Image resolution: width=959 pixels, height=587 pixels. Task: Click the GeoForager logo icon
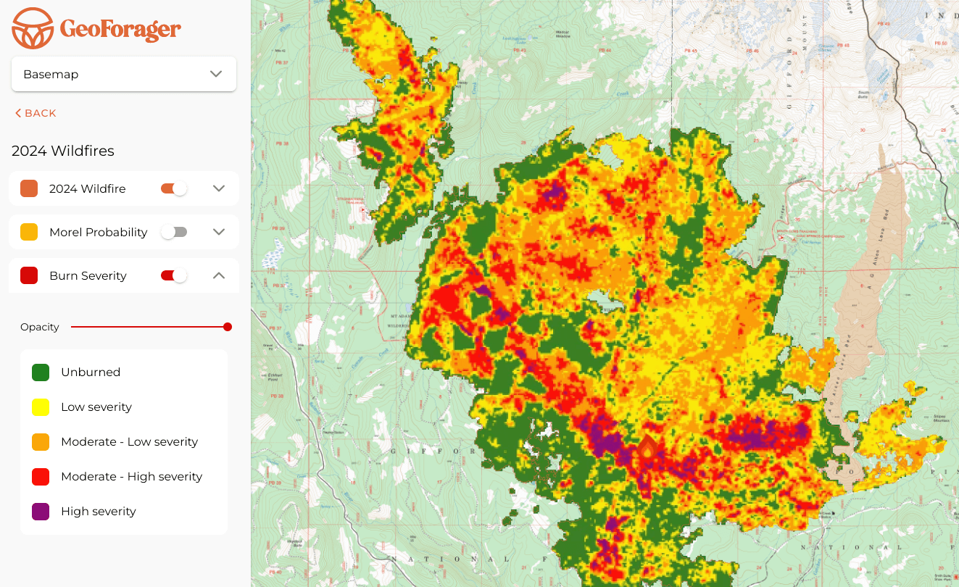(x=33, y=28)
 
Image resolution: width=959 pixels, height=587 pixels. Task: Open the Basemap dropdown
(x=124, y=74)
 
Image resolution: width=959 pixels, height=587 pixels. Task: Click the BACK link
(x=36, y=113)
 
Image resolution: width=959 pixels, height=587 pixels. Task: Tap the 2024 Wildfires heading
(x=63, y=151)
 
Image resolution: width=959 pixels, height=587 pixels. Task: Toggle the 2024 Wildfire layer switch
(x=174, y=188)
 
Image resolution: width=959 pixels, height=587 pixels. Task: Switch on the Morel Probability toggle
(x=174, y=232)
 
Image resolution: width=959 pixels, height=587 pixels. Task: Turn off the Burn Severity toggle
(x=174, y=275)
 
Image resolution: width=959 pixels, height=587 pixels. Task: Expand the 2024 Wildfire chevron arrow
(x=219, y=188)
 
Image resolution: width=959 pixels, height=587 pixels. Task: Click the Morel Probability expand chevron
(x=219, y=232)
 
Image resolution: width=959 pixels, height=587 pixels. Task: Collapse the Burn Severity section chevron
(x=219, y=275)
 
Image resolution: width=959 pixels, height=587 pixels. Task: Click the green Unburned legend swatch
(x=41, y=372)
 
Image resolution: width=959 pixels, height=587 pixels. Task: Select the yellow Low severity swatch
(x=41, y=407)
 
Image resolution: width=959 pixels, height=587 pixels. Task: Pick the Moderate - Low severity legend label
(x=129, y=442)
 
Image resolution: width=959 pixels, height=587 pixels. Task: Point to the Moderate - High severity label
(x=131, y=477)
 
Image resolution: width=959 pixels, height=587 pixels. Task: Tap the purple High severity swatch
(x=41, y=512)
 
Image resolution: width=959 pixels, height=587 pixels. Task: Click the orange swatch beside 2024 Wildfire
(x=29, y=188)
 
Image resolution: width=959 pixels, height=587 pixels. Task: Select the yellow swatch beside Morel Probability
(x=29, y=232)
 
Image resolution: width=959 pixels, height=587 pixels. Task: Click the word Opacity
(x=40, y=327)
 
